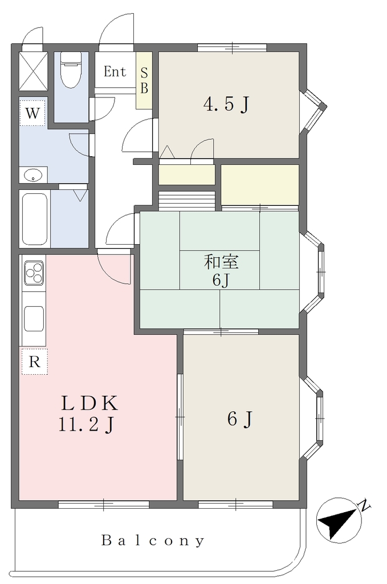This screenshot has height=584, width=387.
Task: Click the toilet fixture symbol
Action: click(x=71, y=70)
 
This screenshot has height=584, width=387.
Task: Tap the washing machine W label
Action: click(x=32, y=112)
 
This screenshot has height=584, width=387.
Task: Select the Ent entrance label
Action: click(x=115, y=71)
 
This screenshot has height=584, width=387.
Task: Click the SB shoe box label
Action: click(x=144, y=80)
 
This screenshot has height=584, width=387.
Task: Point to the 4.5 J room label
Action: click(x=226, y=104)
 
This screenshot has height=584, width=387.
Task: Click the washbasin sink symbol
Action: click(x=34, y=175)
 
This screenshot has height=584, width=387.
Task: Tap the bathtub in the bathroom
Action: click(x=35, y=218)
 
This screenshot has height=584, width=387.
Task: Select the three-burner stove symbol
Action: click(x=34, y=273)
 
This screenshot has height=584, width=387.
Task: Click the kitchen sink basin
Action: click(x=34, y=318)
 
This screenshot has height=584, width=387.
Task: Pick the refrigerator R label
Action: click(x=35, y=362)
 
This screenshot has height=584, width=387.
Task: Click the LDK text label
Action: click(x=89, y=403)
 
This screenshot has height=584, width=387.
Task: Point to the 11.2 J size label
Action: click(x=86, y=424)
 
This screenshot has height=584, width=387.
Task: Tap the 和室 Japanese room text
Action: click(x=221, y=262)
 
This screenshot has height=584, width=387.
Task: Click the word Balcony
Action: click(x=153, y=541)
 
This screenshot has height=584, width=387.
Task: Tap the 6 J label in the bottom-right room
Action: click(x=240, y=419)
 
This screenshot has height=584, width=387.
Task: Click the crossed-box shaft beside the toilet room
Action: click(x=33, y=71)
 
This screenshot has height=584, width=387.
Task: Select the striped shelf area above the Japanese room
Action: click(x=187, y=201)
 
